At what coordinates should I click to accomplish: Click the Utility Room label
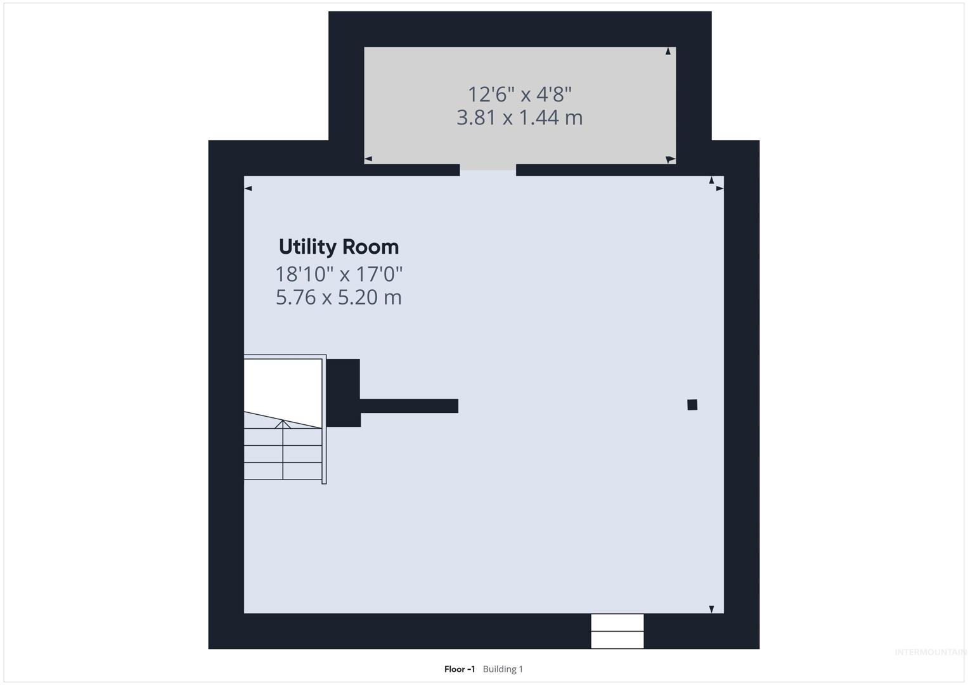(339, 247)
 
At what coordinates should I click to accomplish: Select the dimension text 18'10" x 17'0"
(339, 274)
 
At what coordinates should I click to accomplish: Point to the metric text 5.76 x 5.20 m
(339, 297)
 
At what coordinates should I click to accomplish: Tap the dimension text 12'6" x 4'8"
(520, 95)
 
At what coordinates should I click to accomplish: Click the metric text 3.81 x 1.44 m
(520, 117)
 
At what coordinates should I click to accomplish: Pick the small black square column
(692, 405)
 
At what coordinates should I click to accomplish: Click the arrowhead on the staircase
(283, 424)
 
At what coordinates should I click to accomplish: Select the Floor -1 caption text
(460, 669)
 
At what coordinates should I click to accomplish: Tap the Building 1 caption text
(503, 669)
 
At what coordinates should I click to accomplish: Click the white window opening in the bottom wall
(617, 631)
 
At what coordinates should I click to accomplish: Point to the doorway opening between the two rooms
(488, 170)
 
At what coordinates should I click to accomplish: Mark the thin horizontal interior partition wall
(410, 406)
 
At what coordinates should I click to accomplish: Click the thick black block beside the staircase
(343, 393)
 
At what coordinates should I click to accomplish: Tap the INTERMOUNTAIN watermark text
(931, 652)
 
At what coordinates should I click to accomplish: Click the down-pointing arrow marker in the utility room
(711, 609)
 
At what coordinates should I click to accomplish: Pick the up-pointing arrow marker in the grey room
(668, 51)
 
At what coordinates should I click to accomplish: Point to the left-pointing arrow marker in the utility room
(248, 188)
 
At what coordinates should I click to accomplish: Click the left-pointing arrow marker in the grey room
(368, 159)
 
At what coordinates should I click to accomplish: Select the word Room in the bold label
(370, 247)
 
